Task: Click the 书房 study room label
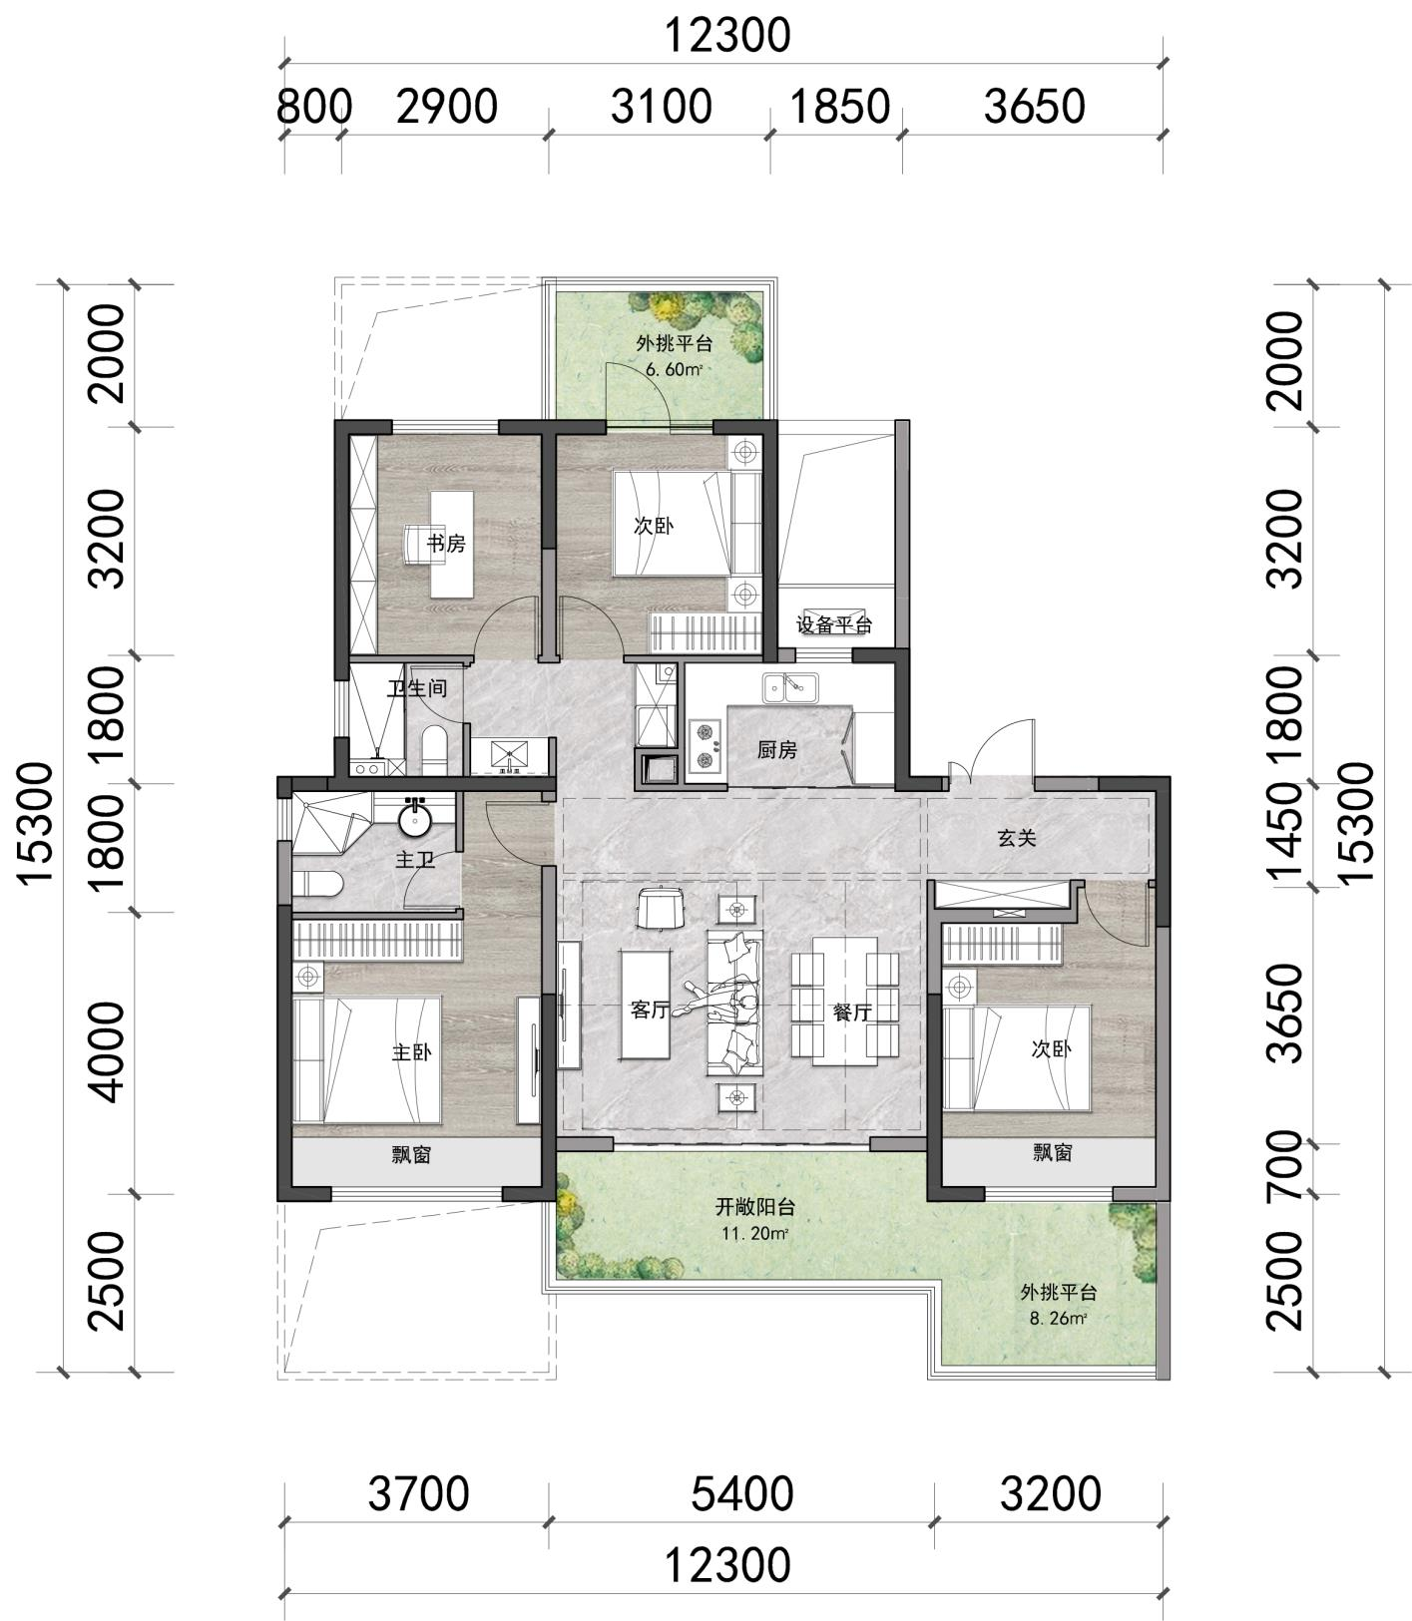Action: (446, 544)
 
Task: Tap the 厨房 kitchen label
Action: (776, 749)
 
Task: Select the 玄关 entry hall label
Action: (1017, 838)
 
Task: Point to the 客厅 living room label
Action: (649, 1010)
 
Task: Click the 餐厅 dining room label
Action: (852, 1012)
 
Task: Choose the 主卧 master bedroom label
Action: (411, 1052)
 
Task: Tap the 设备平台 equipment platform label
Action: (834, 625)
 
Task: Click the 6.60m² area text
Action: (675, 369)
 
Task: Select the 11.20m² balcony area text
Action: (755, 1234)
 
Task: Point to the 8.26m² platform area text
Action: (1057, 1318)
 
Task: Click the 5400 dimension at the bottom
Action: (742, 1493)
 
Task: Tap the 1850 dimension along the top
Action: (840, 106)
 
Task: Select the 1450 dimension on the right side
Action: (1285, 832)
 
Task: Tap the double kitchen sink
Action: (789, 687)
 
